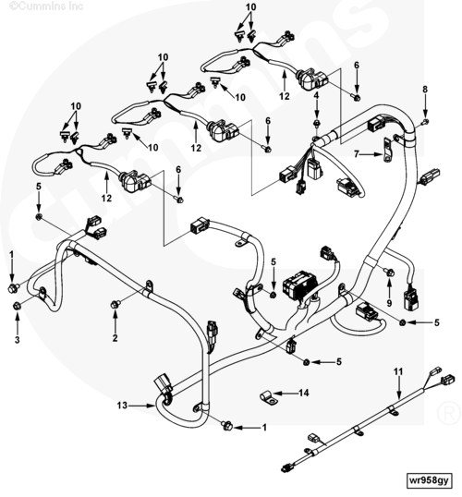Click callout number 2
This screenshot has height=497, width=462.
pyautogui.click(x=115, y=338)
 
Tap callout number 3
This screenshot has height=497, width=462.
pyautogui.click(x=18, y=339)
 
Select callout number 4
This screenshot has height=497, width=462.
pyautogui.click(x=316, y=95)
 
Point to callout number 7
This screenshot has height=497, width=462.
pyautogui.click(x=357, y=154)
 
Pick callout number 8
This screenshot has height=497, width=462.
pyautogui.click(x=425, y=90)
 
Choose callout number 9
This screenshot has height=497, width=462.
pyautogui.click(x=389, y=303)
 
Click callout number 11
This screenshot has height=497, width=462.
pyautogui.click(x=398, y=370)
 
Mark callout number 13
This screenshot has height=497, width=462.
pyautogui.click(x=122, y=405)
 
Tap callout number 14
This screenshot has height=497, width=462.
pyautogui.click(x=303, y=393)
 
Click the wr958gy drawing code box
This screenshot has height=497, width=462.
pyautogui.click(x=429, y=480)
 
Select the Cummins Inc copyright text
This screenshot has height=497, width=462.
pyautogui.click(x=46, y=6)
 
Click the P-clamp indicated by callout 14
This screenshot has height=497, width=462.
pyautogui.click(x=269, y=398)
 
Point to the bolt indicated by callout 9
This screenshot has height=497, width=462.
pyautogui.click(x=389, y=272)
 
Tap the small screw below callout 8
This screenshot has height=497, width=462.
pyautogui.click(x=426, y=121)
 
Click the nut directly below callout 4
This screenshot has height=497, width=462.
pyautogui.click(x=316, y=123)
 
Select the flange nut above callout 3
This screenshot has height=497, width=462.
pyautogui.click(x=17, y=306)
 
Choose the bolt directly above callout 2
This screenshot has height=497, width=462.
pyautogui.click(x=115, y=304)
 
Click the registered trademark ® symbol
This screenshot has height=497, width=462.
pyautogui.click(x=448, y=413)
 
